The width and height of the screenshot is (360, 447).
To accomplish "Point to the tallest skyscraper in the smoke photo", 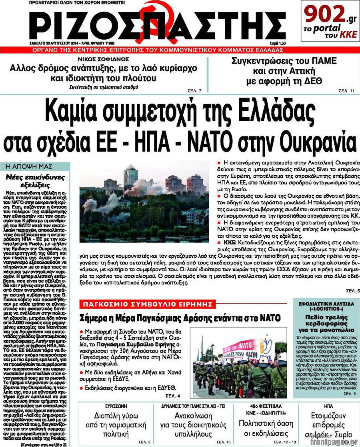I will (x=130, y=176).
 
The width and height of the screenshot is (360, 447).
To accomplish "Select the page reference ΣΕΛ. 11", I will (x=346, y=90).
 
